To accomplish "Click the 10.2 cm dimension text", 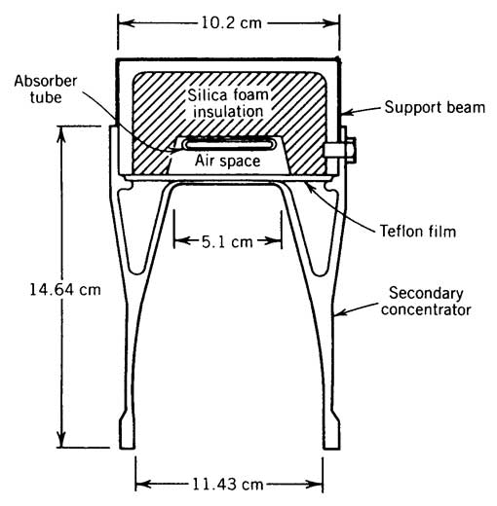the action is [x=231, y=23].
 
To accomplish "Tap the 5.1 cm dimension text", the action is [x=227, y=242].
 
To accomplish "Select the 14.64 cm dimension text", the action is [x=65, y=289].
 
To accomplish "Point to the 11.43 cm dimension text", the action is [x=227, y=485].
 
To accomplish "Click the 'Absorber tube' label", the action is [x=46, y=90].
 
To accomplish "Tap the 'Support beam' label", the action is [x=435, y=107].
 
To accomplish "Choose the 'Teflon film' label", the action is [x=418, y=232].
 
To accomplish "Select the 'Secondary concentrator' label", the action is [x=426, y=302].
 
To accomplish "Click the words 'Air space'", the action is [x=227, y=161].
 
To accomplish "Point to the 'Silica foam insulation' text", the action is [x=228, y=103].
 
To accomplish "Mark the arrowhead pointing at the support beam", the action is [x=348, y=112].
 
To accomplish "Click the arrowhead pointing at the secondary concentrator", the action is [x=340, y=312].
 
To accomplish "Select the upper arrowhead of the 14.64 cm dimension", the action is [x=61, y=133].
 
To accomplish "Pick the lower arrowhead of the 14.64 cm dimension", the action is [x=61, y=440].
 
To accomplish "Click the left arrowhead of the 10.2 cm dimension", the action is [x=126, y=23].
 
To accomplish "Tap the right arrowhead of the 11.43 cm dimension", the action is [x=315, y=485].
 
